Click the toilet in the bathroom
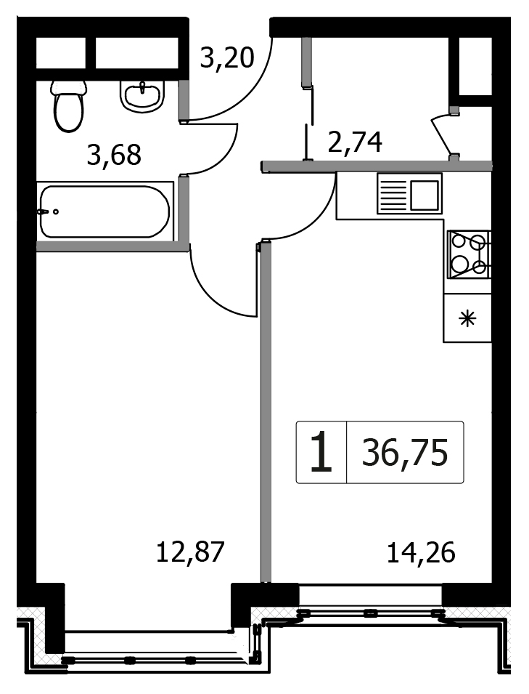coord(68,105)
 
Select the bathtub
coord(104,211)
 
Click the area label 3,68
coord(114,155)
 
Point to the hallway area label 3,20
coord(227,57)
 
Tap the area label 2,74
coord(355,142)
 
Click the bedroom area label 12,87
coord(191,552)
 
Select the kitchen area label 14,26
coord(421,552)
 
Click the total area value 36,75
coord(405,452)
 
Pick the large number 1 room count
coord(321,452)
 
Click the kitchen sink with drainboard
coord(409,193)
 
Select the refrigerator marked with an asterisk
coord(467,318)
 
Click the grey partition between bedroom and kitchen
coord(266,411)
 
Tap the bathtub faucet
coord(48,211)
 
